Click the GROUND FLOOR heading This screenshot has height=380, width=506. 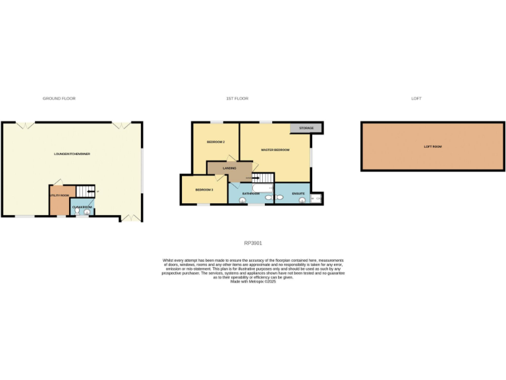(59, 98)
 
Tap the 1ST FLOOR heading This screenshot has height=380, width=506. (237, 98)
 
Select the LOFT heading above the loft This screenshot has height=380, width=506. (416, 98)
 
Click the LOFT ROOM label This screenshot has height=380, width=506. (432, 146)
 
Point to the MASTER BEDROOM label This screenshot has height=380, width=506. (275, 150)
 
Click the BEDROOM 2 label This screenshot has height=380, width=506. (216, 142)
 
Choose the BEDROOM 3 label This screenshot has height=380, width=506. (204, 190)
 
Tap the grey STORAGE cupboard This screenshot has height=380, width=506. (306, 128)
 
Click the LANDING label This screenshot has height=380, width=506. (229, 169)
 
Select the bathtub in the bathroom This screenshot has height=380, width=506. (261, 187)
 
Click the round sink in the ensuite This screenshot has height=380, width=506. (302, 200)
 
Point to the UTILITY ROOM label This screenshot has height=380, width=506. (59, 196)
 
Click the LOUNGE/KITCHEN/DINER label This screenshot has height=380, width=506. (72, 154)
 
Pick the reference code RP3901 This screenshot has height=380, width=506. (253, 243)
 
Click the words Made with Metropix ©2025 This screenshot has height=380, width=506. (253, 281)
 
